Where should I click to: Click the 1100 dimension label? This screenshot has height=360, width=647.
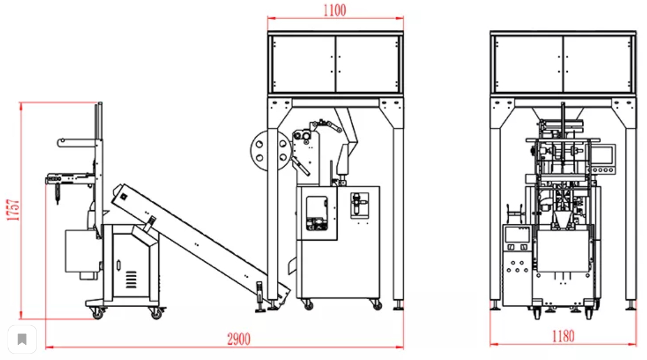point(334,10)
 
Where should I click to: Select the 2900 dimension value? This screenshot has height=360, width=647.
point(239,339)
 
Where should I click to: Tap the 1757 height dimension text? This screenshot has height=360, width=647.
point(14,210)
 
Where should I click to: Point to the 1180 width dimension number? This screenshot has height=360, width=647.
point(563,336)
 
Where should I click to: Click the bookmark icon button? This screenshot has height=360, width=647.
point(22,339)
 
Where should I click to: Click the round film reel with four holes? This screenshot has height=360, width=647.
point(270,150)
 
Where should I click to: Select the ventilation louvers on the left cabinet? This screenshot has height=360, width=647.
point(131,279)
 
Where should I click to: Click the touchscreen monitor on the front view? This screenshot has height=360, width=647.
point(604,154)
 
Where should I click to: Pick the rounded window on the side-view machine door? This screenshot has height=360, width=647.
point(317,213)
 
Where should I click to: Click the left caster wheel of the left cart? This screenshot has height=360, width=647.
point(98,314)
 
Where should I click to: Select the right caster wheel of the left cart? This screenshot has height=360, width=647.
point(156,314)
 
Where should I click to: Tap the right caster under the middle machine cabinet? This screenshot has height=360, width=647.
point(376,305)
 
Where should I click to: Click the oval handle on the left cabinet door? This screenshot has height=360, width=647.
point(119,264)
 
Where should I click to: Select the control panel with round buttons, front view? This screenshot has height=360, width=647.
point(517,267)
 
